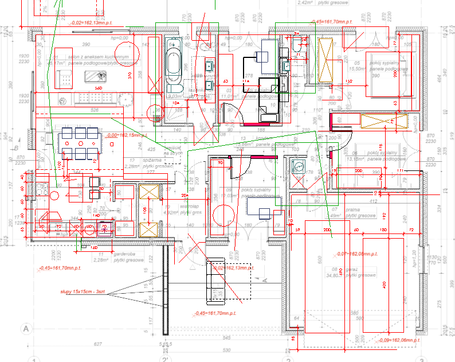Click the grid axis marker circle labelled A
click(x=25, y=329)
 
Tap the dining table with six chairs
click(x=80, y=142)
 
